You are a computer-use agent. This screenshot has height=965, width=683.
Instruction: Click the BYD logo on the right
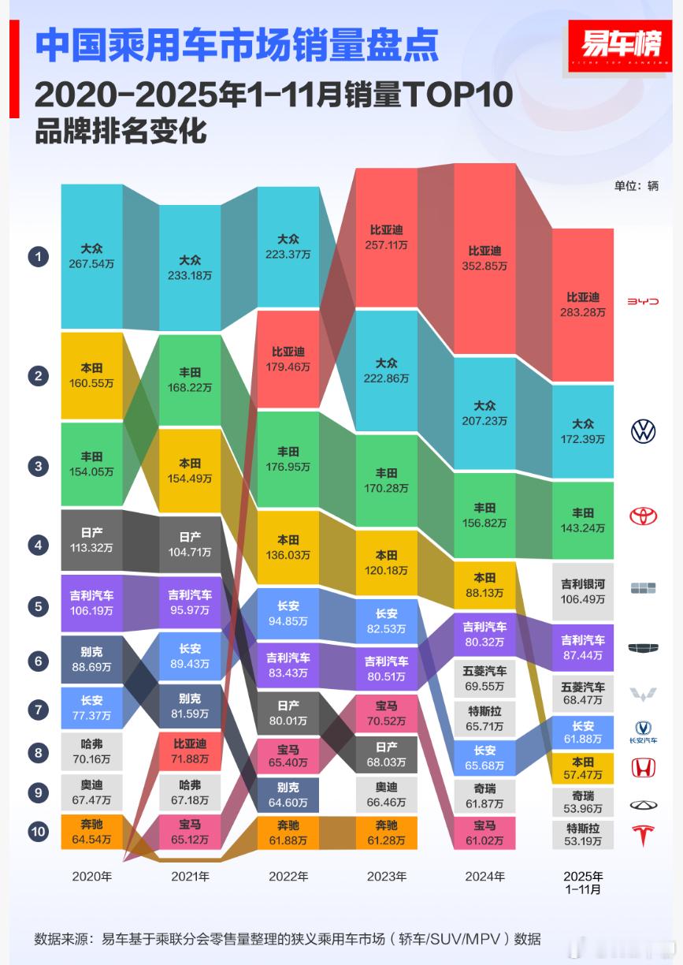tap(643, 302)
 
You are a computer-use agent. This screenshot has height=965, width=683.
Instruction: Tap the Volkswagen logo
tap(643, 430)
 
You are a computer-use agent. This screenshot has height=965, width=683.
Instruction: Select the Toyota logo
tap(643, 516)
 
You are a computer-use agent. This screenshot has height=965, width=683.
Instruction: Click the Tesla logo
tap(643, 835)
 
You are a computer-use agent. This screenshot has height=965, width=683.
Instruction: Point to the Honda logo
tap(643, 766)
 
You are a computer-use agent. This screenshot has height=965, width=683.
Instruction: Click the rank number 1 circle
tap(38, 256)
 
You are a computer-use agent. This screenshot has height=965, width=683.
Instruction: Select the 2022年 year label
tap(288, 876)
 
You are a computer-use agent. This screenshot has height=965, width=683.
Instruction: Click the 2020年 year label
tap(91, 876)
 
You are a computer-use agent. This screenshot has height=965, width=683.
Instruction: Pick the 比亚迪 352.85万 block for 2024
tap(484, 259)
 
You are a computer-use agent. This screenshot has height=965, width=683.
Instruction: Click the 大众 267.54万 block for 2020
tap(92, 256)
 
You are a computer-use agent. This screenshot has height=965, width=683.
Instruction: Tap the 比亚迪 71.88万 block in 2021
tap(190, 751)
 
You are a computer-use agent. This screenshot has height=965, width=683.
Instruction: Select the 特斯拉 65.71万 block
tap(484, 717)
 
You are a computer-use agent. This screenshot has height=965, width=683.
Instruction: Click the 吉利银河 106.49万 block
tap(582, 591)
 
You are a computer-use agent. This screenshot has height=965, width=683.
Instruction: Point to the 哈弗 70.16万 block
tap(92, 753)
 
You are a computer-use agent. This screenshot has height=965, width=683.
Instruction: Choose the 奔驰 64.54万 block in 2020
tap(92, 832)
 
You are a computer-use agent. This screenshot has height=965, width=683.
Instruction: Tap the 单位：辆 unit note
tap(637, 187)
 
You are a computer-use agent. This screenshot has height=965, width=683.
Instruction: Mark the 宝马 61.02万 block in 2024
tap(484, 833)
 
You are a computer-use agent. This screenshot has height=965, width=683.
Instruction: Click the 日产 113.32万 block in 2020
tap(92, 540)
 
